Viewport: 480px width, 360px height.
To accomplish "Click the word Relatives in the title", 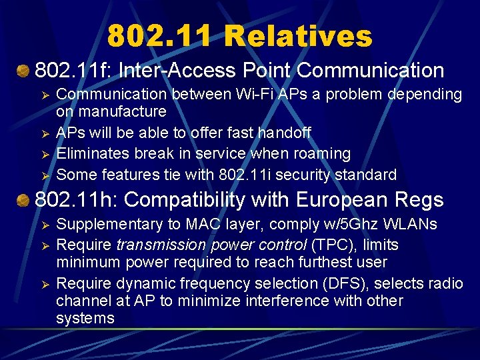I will point(298,37).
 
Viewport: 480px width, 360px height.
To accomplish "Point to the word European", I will point(333,199).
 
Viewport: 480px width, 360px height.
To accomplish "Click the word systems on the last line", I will point(85,318).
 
